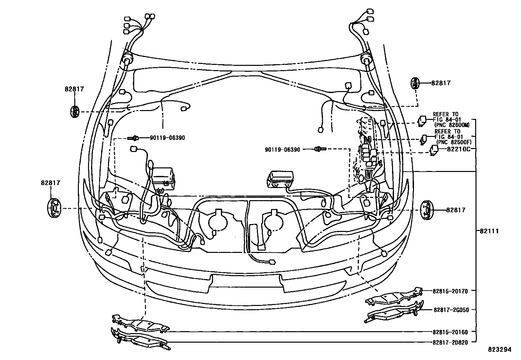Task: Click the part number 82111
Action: [489, 231]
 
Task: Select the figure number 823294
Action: [499, 350]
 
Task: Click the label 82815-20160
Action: [450, 332]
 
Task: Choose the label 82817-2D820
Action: [450, 343]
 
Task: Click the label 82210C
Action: [459, 149]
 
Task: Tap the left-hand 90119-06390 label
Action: [167, 138]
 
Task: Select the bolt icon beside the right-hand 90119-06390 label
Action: [320, 149]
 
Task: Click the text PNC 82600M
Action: [452, 125]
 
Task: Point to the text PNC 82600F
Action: [454, 142]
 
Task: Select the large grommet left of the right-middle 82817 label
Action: [426, 210]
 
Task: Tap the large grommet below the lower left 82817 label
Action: [53, 208]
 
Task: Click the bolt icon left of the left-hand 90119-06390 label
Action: [134, 138]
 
